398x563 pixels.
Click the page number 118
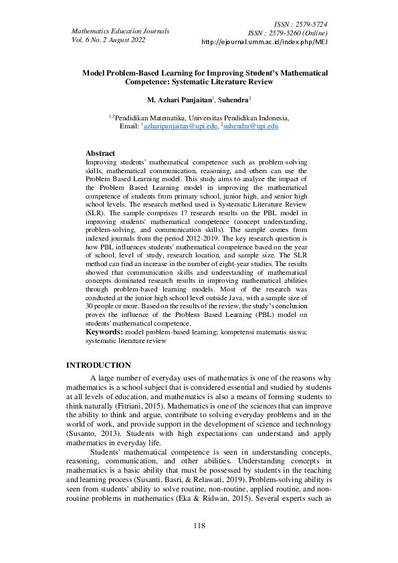point(199,526)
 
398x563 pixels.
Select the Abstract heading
point(100,153)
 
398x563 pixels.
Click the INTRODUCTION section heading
point(98,366)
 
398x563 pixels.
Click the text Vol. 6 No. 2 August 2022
point(108,39)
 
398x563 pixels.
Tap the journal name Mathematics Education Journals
point(120,31)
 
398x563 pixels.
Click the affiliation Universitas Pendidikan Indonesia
point(231,117)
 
